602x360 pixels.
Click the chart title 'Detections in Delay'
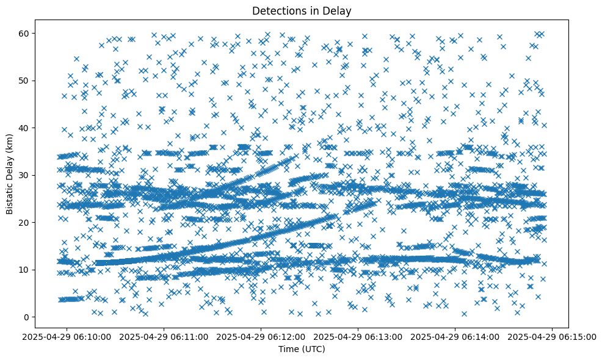pyautogui.click(x=302, y=10)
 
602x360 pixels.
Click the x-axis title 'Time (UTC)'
pyautogui.click(x=302, y=349)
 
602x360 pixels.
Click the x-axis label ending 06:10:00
pyautogui.click(x=67, y=336)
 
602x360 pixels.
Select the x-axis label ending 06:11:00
pyautogui.click(x=164, y=336)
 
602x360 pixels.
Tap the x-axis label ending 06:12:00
pyautogui.click(x=261, y=336)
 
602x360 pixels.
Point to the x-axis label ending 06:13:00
pyautogui.click(x=358, y=336)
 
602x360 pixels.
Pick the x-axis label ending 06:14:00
pyautogui.click(x=455, y=336)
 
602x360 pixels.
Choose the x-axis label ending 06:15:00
pyautogui.click(x=553, y=336)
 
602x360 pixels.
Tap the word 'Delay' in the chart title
pyautogui.click(x=339, y=10)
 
